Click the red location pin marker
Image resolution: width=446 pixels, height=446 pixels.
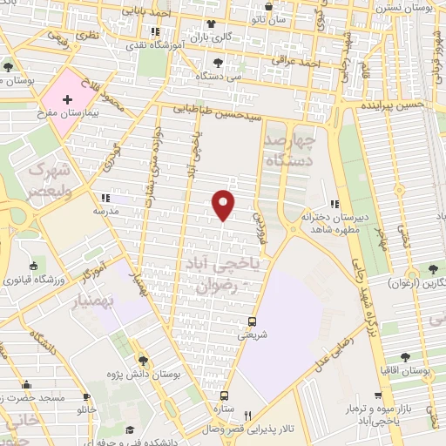224,205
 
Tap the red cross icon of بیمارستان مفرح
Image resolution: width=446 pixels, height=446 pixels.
67,101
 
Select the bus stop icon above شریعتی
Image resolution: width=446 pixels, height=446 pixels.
252,320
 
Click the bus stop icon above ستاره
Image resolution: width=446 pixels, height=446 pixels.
224,395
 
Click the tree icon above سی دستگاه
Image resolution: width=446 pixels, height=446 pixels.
218,63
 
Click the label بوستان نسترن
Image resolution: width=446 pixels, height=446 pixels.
409,7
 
